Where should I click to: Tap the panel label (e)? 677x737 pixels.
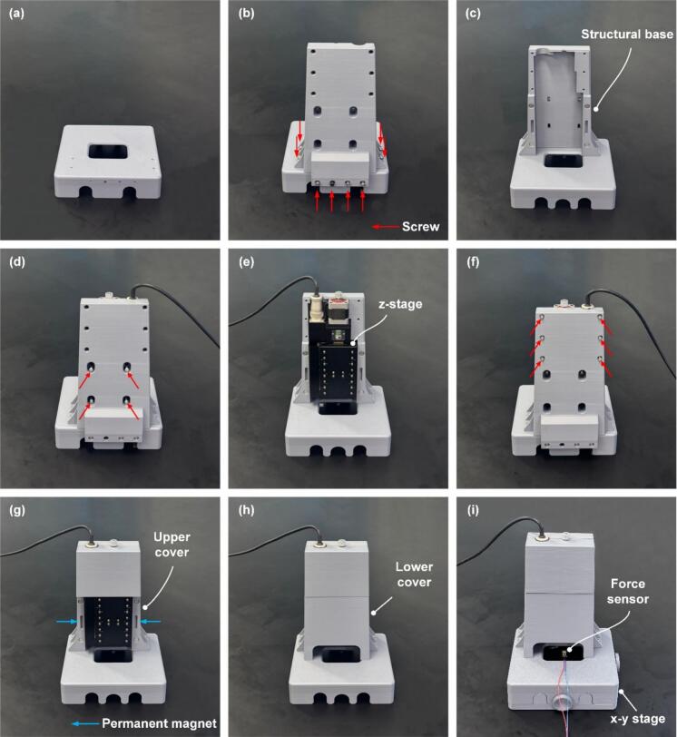pos(246,261)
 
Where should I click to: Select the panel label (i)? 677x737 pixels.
pos(473,510)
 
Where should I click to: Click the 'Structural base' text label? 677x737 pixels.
pos(627,34)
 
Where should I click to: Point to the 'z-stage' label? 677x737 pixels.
pos(400,304)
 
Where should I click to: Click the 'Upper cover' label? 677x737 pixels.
pos(172,545)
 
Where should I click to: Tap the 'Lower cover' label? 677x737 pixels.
pos(414,575)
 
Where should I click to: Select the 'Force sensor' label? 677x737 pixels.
pos(628,591)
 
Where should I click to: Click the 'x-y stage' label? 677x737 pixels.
pos(638,719)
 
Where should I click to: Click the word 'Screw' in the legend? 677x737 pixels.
pos(420,227)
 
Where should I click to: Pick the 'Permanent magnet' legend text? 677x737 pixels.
pos(159,723)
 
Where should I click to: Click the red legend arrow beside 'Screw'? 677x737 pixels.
pos(386,227)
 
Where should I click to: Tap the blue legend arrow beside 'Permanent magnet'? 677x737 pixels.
pos(85,723)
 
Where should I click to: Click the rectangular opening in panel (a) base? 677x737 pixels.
pos(107,152)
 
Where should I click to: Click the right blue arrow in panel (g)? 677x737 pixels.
pos(151,622)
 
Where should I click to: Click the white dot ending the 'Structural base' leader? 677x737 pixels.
pos(595,109)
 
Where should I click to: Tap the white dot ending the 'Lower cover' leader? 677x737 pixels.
pos(374,612)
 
